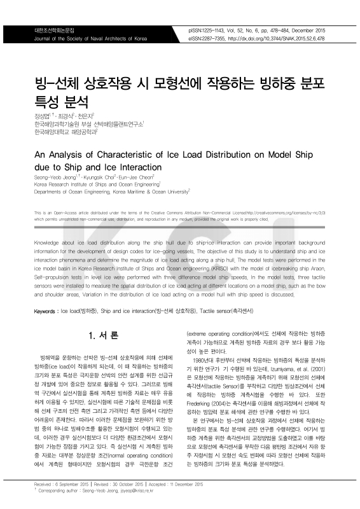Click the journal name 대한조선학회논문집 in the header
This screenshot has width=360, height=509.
click(54, 30)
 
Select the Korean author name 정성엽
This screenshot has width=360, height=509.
click(42, 116)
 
